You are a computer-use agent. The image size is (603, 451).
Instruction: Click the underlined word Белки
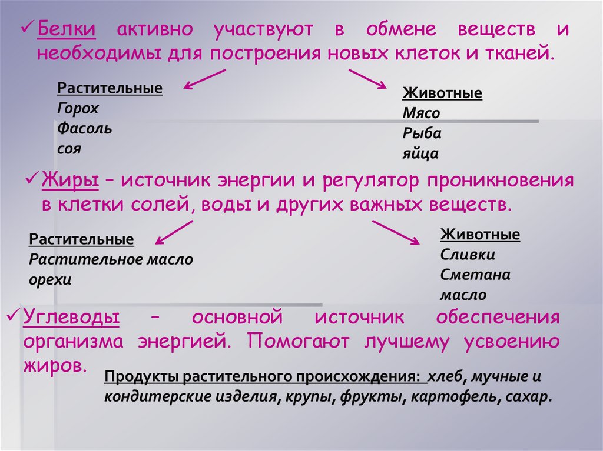pos(67,29)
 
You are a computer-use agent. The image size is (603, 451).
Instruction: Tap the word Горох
pos(78,108)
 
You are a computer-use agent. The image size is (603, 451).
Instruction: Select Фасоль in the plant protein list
pos(85,128)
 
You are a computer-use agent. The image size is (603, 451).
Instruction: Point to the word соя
pos(69,148)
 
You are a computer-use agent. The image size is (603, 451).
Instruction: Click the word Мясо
pos(421,113)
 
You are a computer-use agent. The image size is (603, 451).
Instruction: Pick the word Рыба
pos(422,133)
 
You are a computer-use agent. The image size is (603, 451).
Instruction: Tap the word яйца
pos(420,153)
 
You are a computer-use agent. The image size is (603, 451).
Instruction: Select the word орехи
pos(50,279)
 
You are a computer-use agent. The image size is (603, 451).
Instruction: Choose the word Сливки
pos(468,255)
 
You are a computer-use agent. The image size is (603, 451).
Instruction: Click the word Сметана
pos(475,275)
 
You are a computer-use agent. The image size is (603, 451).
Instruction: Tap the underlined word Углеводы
pos(71,318)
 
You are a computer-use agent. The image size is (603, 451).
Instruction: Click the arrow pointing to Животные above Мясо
pos(366,78)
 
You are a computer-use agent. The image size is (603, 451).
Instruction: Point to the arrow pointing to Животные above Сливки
pos(396,232)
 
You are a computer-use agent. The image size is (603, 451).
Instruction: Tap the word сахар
pos(528,396)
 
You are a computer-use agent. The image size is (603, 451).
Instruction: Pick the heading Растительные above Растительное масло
pos(81,239)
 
